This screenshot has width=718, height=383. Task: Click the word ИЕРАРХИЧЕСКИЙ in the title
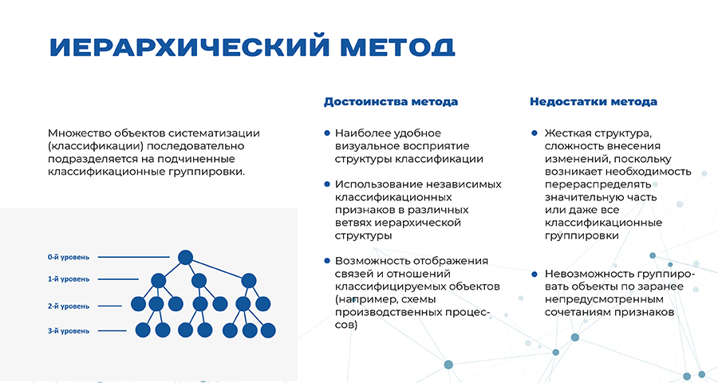click(x=189, y=46)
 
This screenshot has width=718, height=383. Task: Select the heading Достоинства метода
click(x=391, y=101)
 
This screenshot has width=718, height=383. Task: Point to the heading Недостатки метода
click(x=594, y=101)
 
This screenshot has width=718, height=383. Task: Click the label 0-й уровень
click(x=69, y=258)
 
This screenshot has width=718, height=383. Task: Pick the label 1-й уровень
click(x=69, y=279)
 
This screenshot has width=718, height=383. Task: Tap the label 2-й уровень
click(x=69, y=306)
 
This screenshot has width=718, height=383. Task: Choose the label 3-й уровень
click(x=69, y=331)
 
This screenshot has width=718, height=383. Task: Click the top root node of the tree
click(x=185, y=258)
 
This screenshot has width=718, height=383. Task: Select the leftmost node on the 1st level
click(x=159, y=280)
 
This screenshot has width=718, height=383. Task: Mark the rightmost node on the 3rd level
click(x=268, y=330)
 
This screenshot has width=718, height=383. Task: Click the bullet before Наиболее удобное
click(x=327, y=133)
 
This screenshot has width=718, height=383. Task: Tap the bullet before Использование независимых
click(x=327, y=184)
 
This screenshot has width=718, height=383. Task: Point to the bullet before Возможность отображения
click(x=327, y=261)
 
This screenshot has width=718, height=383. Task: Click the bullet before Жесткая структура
click(x=535, y=133)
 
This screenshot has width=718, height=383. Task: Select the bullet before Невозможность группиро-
click(x=535, y=274)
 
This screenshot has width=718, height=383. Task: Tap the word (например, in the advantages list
click(x=363, y=300)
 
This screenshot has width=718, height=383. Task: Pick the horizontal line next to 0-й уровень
click(x=134, y=257)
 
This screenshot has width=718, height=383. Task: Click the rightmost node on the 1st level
click(x=249, y=280)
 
